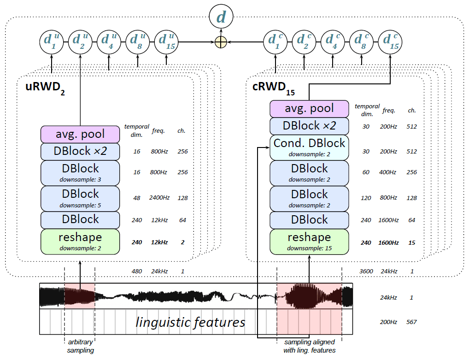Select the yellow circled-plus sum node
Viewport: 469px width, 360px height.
(x=222, y=42)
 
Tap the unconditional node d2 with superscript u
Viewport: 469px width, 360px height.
(x=80, y=42)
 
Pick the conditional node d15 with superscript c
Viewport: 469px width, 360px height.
(x=390, y=42)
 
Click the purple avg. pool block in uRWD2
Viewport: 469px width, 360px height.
(x=80, y=134)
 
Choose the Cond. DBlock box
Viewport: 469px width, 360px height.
(x=309, y=148)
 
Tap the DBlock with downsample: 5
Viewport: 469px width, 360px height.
(x=80, y=197)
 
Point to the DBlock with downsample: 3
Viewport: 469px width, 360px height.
(x=80, y=172)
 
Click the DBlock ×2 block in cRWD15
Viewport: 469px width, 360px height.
(x=309, y=126)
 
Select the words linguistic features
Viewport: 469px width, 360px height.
(x=190, y=322)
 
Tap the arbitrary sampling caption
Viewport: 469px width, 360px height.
(x=80, y=347)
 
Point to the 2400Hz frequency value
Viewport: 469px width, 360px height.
(x=159, y=198)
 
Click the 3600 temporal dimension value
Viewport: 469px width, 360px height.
(x=366, y=271)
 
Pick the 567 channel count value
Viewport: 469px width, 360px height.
(x=411, y=322)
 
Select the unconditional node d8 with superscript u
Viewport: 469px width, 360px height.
(x=138, y=42)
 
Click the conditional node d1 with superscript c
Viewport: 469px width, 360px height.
(x=275, y=42)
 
